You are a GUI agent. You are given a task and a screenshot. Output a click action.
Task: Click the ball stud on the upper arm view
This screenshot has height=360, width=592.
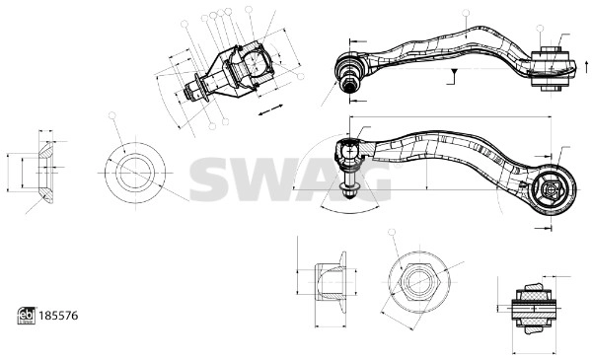pos(349,72)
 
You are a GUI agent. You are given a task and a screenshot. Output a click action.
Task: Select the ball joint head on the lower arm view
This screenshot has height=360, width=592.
pos(351,154)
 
